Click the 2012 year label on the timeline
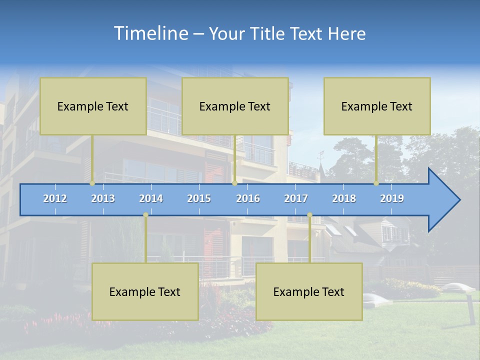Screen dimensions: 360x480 click(x=55, y=198)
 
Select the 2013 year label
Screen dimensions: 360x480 click(x=103, y=198)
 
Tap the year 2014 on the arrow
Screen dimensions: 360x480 click(x=151, y=198)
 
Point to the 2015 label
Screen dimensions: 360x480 click(x=199, y=198)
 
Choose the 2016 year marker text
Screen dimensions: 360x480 click(x=248, y=198)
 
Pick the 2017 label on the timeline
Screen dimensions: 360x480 click(x=296, y=198)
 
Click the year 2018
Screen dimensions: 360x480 click(x=344, y=198)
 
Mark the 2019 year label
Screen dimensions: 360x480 click(x=392, y=198)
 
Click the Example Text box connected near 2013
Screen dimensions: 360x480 click(x=93, y=106)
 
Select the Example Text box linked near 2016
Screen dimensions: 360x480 click(x=235, y=106)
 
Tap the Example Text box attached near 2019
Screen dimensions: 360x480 click(x=377, y=106)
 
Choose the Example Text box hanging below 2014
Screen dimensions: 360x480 click(x=145, y=291)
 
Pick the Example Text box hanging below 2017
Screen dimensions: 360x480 click(x=309, y=291)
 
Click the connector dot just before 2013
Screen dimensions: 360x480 click(x=92, y=183)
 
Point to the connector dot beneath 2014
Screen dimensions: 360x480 click(x=145, y=215)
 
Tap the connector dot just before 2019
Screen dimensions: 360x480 click(x=376, y=183)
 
